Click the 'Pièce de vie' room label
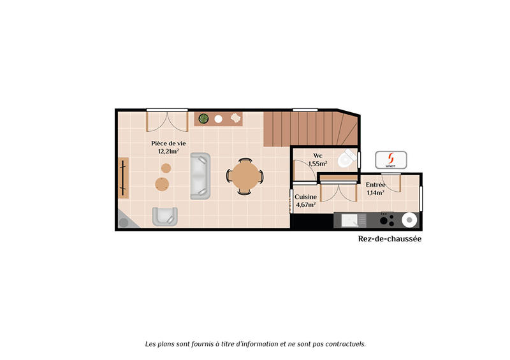tap(168, 143)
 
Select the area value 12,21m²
tap(168, 152)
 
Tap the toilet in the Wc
tap(346, 159)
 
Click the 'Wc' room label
tap(317, 155)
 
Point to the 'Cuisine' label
tap(305, 197)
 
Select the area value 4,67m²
tap(305, 205)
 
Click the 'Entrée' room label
tap(375, 184)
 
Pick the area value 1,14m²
tap(375, 192)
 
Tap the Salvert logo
tap(390, 159)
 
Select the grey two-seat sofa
tap(200, 176)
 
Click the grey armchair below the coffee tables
tap(164, 216)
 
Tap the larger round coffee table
tap(163, 184)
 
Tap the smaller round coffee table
tap(166, 168)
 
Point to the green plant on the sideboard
tap(203, 119)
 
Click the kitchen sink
tap(350, 220)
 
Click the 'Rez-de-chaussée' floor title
tap(390, 240)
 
